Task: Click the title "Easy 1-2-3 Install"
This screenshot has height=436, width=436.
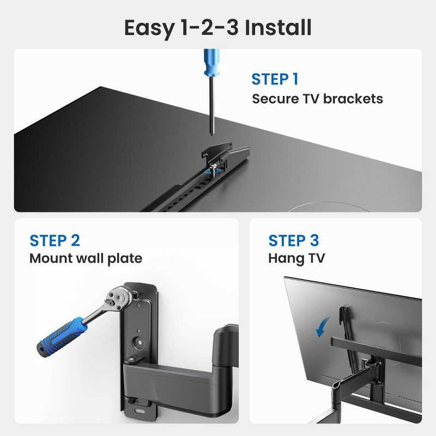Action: click(218, 27)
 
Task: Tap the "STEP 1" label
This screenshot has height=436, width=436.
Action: click(275, 79)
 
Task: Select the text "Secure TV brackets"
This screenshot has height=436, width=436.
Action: click(317, 99)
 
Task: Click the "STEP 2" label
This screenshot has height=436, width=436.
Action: click(55, 240)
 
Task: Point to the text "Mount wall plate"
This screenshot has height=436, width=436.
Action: click(86, 258)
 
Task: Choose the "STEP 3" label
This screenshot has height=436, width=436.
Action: click(294, 240)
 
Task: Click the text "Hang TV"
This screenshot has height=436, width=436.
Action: click(296, 258)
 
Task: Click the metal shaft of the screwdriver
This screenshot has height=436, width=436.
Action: click(211, 117)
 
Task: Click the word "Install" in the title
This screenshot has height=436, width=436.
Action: click(277, 27)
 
